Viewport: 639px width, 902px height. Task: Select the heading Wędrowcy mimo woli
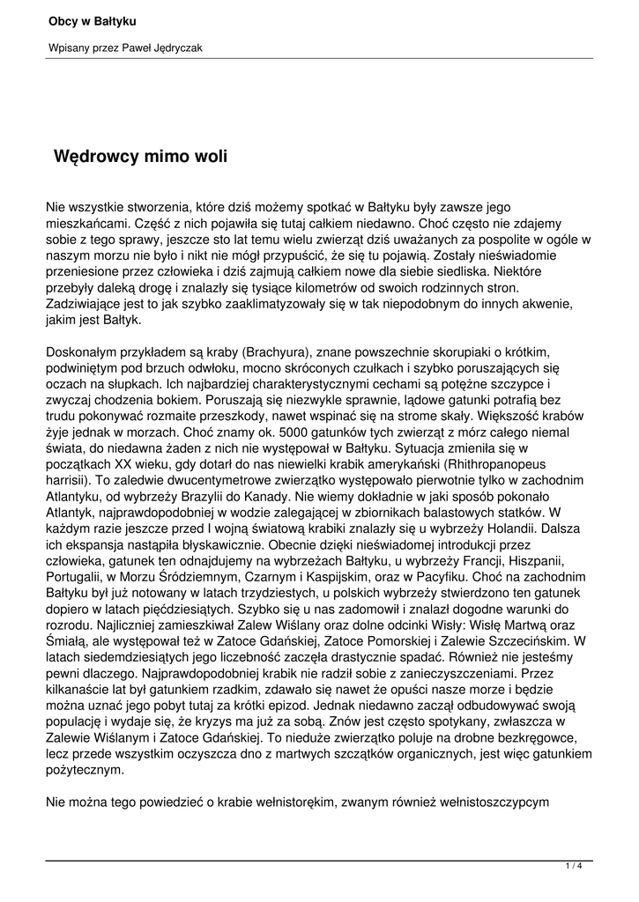(141, 157)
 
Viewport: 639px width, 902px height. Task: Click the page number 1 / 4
(574, 867)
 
